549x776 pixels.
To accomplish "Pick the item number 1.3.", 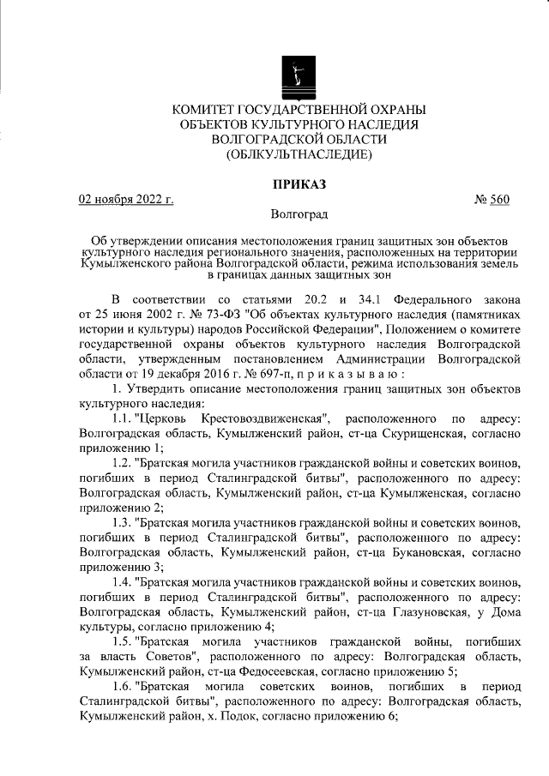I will [124, 521].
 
